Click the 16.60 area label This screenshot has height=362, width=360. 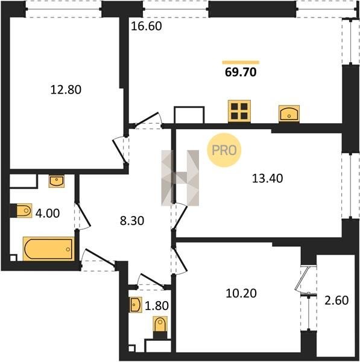(x=147, y=26)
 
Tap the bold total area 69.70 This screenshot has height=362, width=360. (x=241, y=72)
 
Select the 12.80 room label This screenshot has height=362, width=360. (x=66, y=89)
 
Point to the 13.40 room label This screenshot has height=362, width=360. (x=268, y=179)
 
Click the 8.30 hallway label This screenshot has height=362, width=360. (x=132, y=221)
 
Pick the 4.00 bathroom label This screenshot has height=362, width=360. (x=48, y=214)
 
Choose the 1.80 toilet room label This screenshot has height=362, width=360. (x=157, y=306)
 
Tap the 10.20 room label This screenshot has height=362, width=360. (x=241, y=293)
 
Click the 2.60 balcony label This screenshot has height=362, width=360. (x=336, y=300)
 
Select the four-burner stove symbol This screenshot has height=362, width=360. (x=239, y=111)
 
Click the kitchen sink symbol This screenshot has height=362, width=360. (x=289, y=113)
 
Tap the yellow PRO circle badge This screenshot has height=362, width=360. (x=224, y=150)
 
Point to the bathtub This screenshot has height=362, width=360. (x=49, y=249)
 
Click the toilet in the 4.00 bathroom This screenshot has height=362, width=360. (x=23, y=211)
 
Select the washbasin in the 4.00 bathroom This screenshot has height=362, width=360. (x=57, y=181)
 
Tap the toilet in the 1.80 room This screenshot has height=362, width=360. (x=160, y=328)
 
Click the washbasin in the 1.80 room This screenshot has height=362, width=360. (x=136, y=305)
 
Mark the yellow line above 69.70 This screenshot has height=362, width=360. (x=241, y=62)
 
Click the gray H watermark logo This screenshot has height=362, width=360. (x=180, y=178)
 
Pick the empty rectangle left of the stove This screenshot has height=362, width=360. (x=189, y=115)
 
